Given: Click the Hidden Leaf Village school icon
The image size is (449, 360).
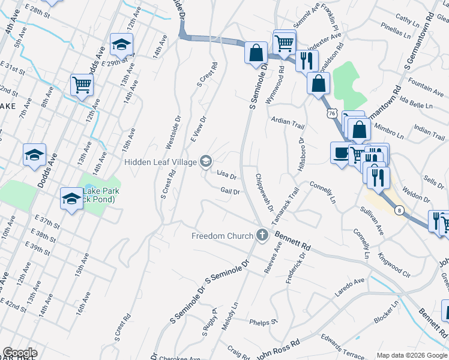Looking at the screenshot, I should (206, 161).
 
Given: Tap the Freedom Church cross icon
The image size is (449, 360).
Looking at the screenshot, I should (262, 235).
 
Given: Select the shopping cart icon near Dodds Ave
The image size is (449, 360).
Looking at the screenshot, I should (82, 85).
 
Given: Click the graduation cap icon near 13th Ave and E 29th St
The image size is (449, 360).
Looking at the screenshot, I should (121, 45).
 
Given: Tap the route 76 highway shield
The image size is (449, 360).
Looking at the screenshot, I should (331, 112).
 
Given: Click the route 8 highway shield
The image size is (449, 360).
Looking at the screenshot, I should (399, 209).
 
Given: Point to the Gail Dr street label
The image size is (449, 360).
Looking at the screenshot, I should (230, 191).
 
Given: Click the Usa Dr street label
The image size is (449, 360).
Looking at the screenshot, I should (226, 176).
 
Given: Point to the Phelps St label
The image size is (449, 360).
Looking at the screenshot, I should (265, 322).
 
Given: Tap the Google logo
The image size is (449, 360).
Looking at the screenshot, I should (20, 352).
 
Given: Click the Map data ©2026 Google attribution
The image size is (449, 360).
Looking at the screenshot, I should (411, 355).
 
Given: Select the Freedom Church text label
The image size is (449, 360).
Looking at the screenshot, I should (222, 236).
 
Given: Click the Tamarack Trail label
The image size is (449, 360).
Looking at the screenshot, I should (285, 206).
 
